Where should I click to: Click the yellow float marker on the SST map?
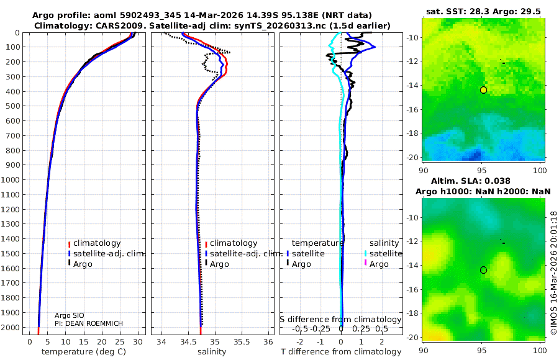tap(483, 90)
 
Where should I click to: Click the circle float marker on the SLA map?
tap(483, 270)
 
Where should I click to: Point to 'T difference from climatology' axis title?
tap(341, 352)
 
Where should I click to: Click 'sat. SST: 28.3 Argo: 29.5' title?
tap(483, 11)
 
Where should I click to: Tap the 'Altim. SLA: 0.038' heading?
tap(483, 180)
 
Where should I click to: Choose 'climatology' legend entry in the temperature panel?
tap(96, 243)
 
